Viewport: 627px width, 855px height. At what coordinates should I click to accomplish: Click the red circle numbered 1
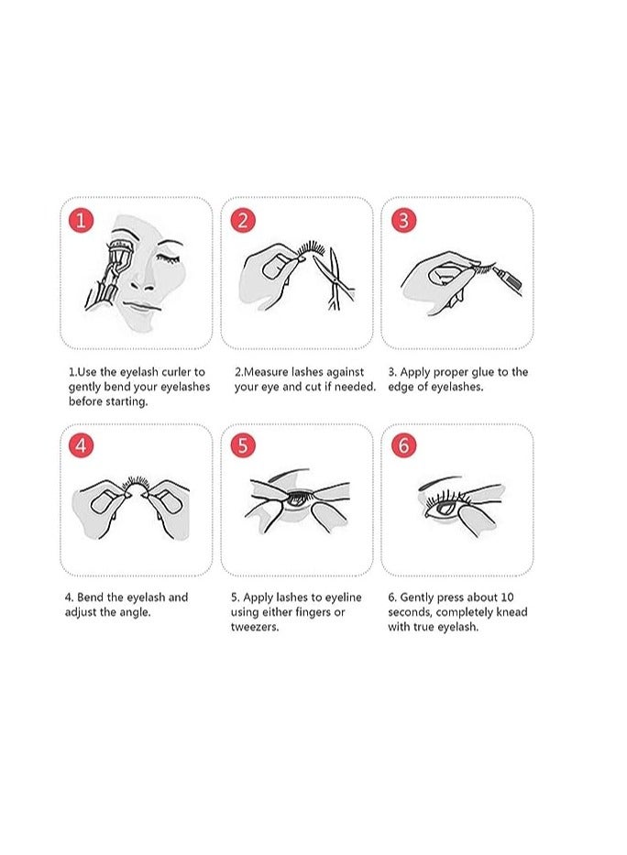82,220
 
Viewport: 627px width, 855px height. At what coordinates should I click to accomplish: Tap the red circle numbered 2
243,220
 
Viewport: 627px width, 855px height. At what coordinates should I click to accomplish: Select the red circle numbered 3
404,220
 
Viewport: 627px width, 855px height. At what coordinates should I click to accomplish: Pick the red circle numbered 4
82,445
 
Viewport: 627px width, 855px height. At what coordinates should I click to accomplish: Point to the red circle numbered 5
243,445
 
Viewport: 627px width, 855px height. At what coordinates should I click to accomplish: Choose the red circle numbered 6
404,445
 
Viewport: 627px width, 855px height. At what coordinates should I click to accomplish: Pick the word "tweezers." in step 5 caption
255,627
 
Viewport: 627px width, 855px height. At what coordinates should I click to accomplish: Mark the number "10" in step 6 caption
521,597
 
